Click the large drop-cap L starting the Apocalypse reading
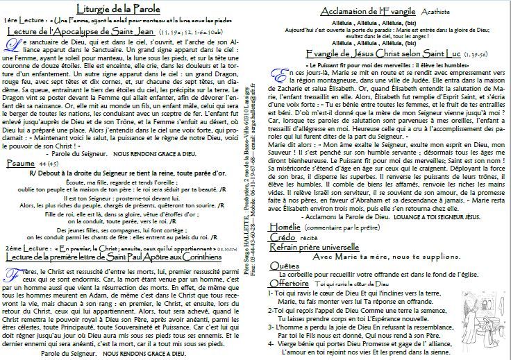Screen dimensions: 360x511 [x=10, y=46]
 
